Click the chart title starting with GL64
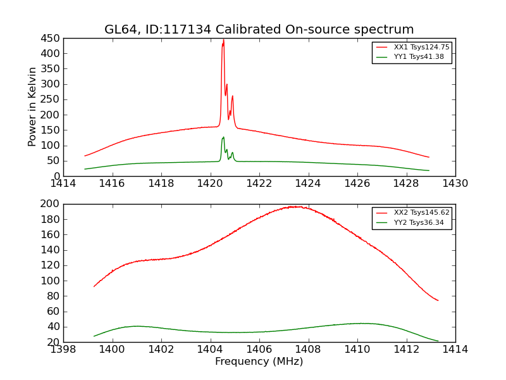(x=259, y=30)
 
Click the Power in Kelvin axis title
(x=32, y=107)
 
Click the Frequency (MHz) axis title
(x=259, y=362)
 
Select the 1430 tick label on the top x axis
(x=455, y=184)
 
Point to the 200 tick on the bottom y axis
(x=51, y=204)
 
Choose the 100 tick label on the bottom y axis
(x=51, y=281)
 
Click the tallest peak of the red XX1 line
(x=223, y=40)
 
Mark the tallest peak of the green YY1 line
(x=223, y=137)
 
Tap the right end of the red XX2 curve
(x=438, y=300)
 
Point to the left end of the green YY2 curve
(x=94, y=336)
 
